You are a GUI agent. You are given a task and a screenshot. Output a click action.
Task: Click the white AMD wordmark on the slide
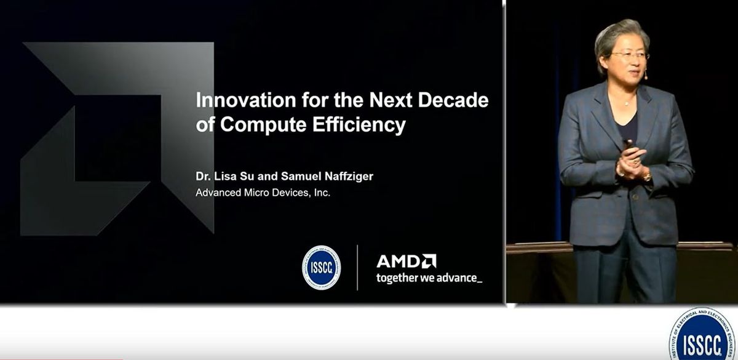(406, 261)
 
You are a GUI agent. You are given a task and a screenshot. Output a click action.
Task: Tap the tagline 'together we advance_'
(429, 278)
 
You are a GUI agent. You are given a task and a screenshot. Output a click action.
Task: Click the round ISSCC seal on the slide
(321, 268)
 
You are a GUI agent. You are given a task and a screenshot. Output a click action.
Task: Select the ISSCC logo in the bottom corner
(702, 335)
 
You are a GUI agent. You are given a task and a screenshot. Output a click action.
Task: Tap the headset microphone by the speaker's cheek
(646, 77)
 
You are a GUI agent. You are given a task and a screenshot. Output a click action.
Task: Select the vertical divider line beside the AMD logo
(357, 267)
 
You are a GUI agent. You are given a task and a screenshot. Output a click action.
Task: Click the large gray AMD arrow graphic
(117, 138)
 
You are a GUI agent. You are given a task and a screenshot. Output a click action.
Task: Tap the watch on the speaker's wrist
(647, 177)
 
